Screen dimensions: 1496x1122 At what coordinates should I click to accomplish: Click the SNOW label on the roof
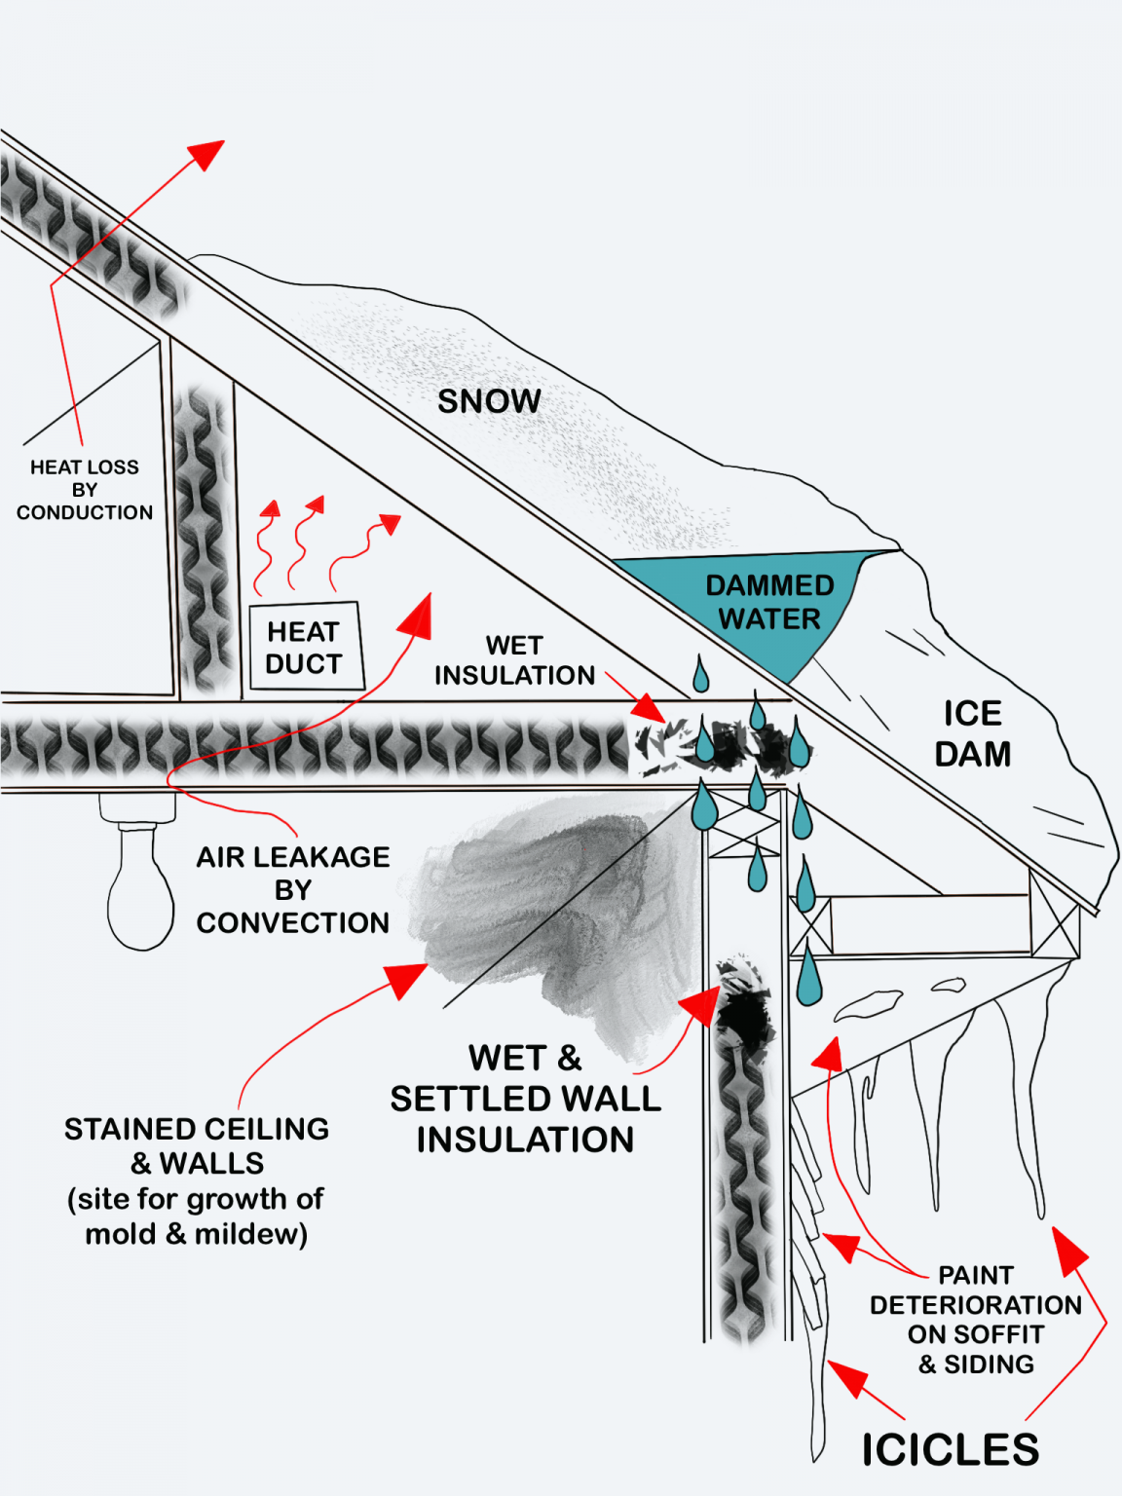[489, 401]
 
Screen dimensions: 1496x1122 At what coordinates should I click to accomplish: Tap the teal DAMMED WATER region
[769, 602]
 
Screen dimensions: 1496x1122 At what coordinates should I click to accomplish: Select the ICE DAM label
[972, 733]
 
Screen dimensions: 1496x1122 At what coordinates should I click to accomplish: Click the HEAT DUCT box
[305, 648]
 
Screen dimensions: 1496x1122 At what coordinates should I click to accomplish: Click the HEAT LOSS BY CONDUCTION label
[85, 490]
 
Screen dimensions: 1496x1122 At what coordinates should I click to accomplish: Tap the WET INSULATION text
[514, 660]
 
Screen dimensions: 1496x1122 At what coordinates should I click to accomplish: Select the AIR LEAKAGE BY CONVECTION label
[292, 889]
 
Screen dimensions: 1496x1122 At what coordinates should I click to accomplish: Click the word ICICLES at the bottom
[950, 1449]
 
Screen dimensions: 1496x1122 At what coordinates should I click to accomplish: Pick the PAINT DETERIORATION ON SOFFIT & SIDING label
[975, 1320]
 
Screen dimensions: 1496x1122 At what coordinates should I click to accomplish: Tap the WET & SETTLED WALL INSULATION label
[525, 1099]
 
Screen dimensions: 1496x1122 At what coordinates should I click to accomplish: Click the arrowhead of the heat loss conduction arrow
[207, 153]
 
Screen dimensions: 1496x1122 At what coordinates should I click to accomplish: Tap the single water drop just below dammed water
[700, 675]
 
